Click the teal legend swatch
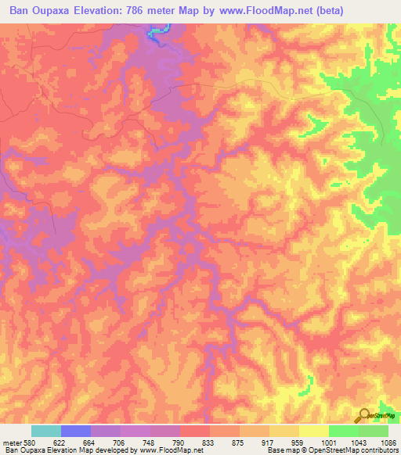[46, 432]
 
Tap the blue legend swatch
[76, 432]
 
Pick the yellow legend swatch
[313, 432]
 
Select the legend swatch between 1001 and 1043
[343, 432]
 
